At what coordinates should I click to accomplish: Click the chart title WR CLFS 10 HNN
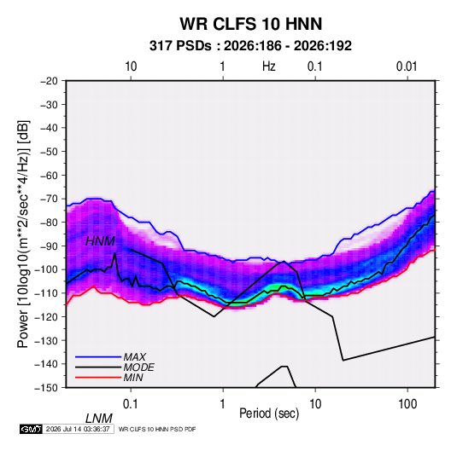click(250, 24)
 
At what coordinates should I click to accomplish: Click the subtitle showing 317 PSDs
click(250, 46)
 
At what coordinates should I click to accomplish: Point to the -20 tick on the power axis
click(49, 81)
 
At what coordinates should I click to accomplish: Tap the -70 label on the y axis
click(49, 199)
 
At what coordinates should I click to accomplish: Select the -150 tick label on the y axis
click(46, 388)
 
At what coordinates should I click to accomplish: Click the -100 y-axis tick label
click(46, 269)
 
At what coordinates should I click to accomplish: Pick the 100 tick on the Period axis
click(407, 404)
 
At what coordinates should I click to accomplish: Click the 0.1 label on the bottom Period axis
click(131, 404)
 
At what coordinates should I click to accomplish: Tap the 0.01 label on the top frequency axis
click(407, 66)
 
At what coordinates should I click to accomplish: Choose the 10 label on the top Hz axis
click(131, 66)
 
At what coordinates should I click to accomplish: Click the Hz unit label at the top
click(269, 66)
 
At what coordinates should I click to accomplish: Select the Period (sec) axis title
click(269, 413)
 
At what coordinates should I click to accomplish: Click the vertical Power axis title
click(23, 234)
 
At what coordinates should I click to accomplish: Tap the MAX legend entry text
click(135, 357)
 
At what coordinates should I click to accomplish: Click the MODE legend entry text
click(138, 367)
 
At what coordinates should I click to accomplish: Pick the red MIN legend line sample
click(98, 378)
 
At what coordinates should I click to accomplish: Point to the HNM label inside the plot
click(100, 241)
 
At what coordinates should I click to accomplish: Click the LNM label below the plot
click(99, 419)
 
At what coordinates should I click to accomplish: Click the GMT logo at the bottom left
click(32, 429)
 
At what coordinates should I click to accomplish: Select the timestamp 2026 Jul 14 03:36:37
click(78, 429)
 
